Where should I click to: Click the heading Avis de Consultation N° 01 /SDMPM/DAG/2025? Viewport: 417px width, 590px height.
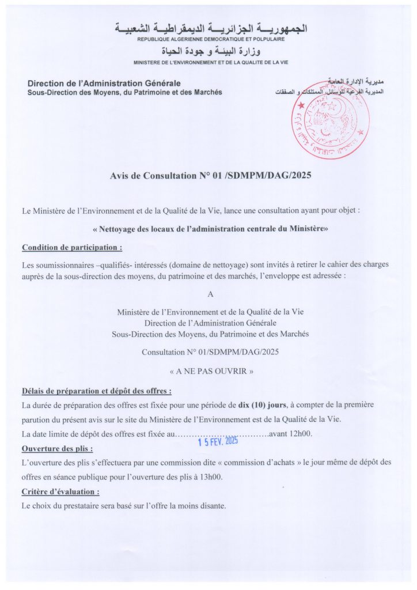click(x=210, y=176)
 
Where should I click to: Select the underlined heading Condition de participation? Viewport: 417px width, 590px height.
click(x=72, y=248)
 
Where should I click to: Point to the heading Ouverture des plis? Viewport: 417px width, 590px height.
click(x=57, y=448)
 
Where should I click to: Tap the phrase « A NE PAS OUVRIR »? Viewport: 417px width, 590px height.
click(x=210, y=372)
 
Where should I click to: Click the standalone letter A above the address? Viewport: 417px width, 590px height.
click(x=210, y=294)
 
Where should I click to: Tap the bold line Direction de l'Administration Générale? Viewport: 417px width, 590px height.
click(x=104, y=84)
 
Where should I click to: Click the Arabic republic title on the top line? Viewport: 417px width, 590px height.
click(x=210, y=28)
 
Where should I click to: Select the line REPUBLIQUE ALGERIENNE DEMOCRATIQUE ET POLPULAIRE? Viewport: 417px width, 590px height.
click(x=211, y=39)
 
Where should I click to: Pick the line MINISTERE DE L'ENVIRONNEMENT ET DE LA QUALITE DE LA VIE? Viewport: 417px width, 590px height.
click(x=211, y=60)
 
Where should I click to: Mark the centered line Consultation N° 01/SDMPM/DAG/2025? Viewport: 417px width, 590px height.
click(x=210, y=352)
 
